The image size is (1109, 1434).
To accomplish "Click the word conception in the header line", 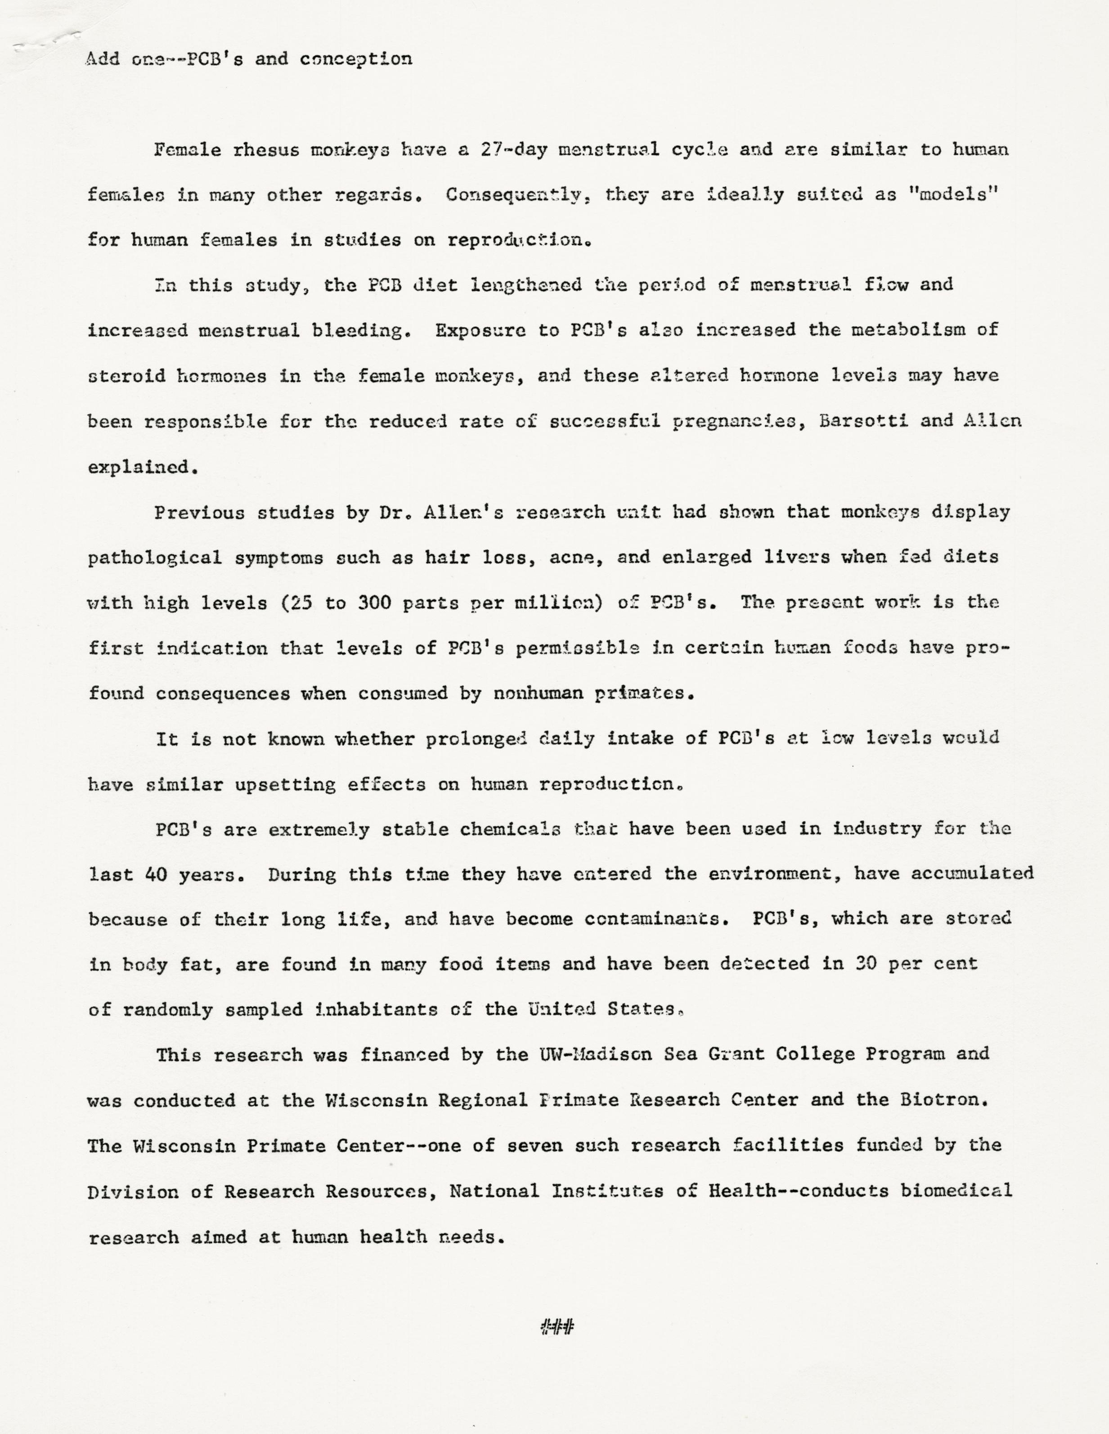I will coord(356,59).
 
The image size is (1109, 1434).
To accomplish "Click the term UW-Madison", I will coord(596,1055).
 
